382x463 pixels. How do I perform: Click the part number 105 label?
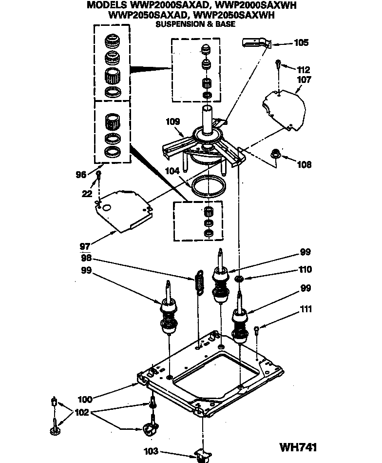[x=302, y=43]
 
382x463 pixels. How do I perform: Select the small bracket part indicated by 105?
[x=255, y=43]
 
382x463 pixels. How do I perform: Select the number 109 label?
[x=173, y=121]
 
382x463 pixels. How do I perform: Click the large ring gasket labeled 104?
[x=209, y=186]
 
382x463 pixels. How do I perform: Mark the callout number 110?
[x=306, y=269]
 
